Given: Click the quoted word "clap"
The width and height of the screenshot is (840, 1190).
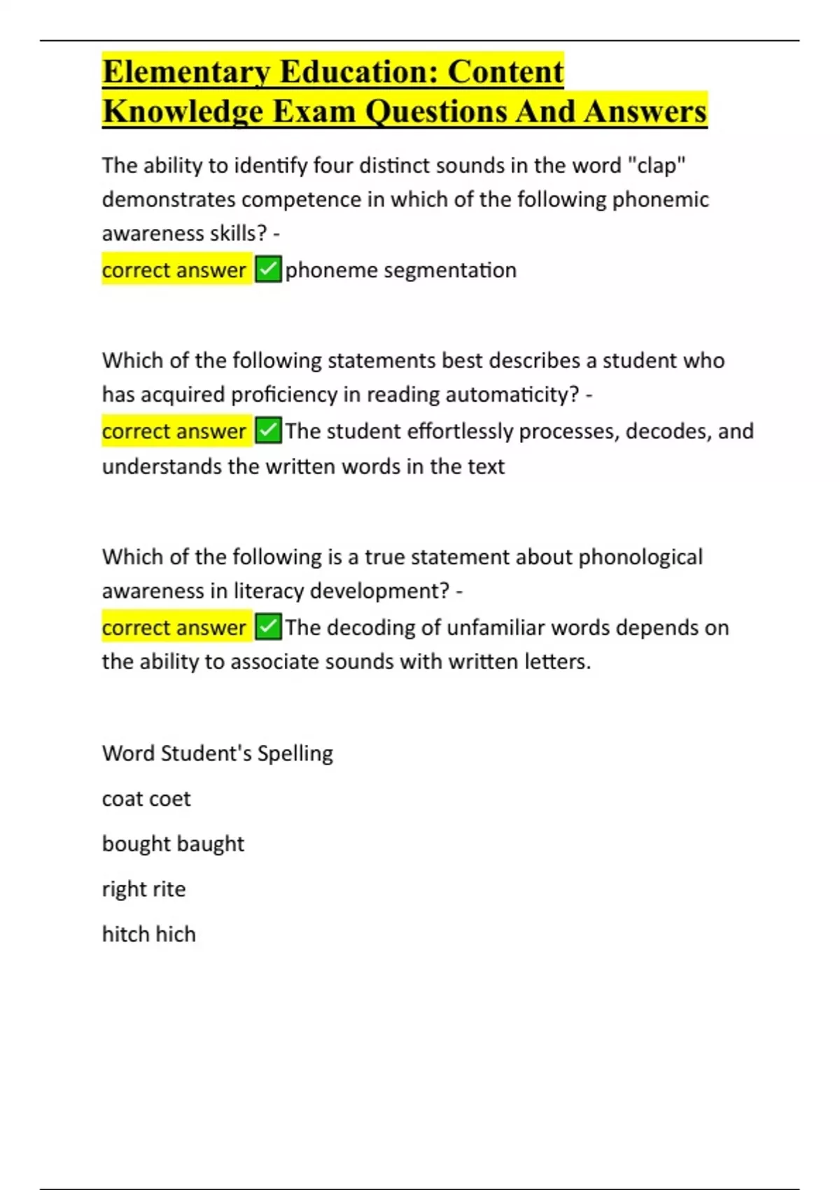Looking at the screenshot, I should pyautogui.click(x=657, y=166).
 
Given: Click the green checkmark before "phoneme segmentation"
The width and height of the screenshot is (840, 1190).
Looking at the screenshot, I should pyautogui.click(x=268, y=269).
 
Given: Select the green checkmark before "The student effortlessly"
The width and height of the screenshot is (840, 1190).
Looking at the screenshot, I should pyautogui.click(x=268, y=430).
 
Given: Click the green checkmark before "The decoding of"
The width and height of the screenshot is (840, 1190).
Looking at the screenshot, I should pyautogui.click(x=268, y=626).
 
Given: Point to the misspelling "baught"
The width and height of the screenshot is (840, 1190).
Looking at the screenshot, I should pyautogui.click(x=209, y=844).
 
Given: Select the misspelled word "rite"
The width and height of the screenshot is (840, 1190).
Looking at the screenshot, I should pyautogui.click(x=169, y=889).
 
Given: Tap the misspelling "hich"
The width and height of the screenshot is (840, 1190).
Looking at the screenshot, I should pyautogui.click(x=176, y=934).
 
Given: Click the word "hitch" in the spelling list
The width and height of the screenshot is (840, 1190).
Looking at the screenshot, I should pyautogui.click(x=125, y=934).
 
